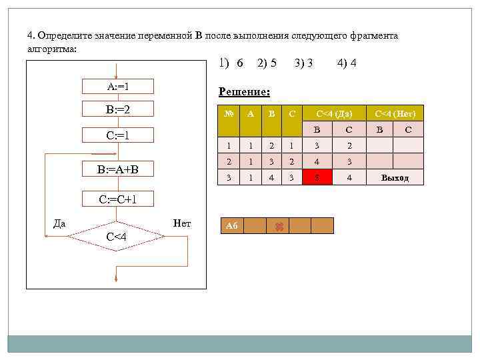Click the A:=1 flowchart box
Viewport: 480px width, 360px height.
pos(117,86)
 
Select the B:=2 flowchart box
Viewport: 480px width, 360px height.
pos(117,108)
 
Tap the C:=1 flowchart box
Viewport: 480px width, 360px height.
pos(117,136)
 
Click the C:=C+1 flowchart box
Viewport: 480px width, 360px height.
pos(117,199)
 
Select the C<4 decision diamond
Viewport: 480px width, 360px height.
pos(117,235)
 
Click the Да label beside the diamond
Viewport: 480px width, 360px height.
pos(59,223)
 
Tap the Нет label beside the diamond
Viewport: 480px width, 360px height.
pos(181,223)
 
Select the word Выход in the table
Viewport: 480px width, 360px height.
pos(395,178)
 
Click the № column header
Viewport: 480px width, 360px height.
pos(229,113)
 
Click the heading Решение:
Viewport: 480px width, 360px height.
pos(244,92)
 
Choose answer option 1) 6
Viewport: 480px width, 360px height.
pos(231,63)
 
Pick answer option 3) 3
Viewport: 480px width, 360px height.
pos(304,63)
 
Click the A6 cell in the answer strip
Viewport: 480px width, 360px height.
pos(231,226)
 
